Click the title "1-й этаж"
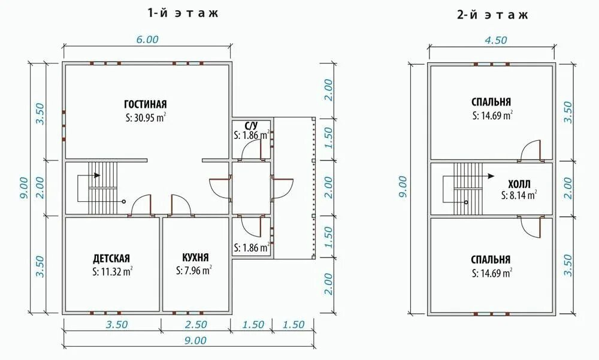(x=183, y=13)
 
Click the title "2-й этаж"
(x=492, y=14)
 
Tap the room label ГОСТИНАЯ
(x=146, y=104)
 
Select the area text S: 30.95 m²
(x=146, y=117)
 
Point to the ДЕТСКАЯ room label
(x=111, y=258)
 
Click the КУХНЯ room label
(x=196, y=257)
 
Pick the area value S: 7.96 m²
(x=194, y=270)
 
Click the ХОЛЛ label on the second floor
(x=519, y=183)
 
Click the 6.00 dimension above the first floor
(x=147, y=40)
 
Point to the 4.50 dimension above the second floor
(x=495, y=40)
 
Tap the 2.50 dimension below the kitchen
(x=196, y=325)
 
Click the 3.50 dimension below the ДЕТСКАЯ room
(x=117, y=325)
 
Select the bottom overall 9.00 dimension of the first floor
(x=196, y=340)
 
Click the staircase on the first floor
(x=102, y=187)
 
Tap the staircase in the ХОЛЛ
(x=468, y=189)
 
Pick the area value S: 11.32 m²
(x=113, y=272)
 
